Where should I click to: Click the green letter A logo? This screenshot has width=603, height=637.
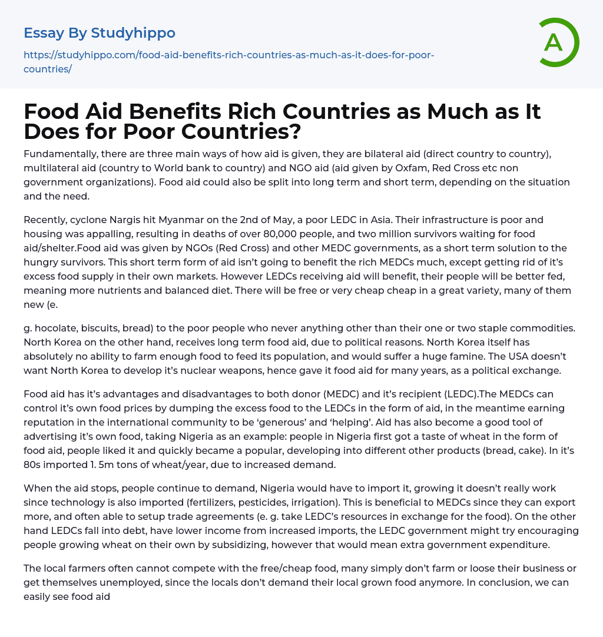tap(555, 42)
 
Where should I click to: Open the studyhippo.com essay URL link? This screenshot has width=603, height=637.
tap(228, 62)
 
